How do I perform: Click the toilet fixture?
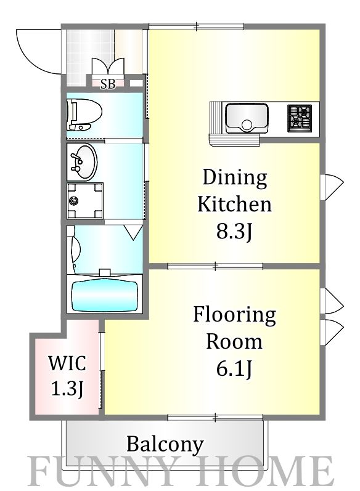click(x=84, y=115)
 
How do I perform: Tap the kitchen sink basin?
click(x=247, y=118)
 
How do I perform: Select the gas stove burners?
click(x=300, y=118)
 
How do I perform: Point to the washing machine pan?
click(x=85, y=201)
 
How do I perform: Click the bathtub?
click(x=105, y=296)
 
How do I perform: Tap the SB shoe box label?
click(x=108, y=84)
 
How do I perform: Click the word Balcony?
click(x=165, y=444)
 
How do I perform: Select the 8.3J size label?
click(x=234, y=232)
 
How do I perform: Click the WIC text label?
click(x=67, y=363)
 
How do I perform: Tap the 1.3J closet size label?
click(x=67, y=389)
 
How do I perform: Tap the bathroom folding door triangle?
click(x=134, y=233)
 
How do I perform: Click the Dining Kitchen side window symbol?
click(x=332, y=187)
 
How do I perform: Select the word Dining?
click(x=235, y=179)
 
